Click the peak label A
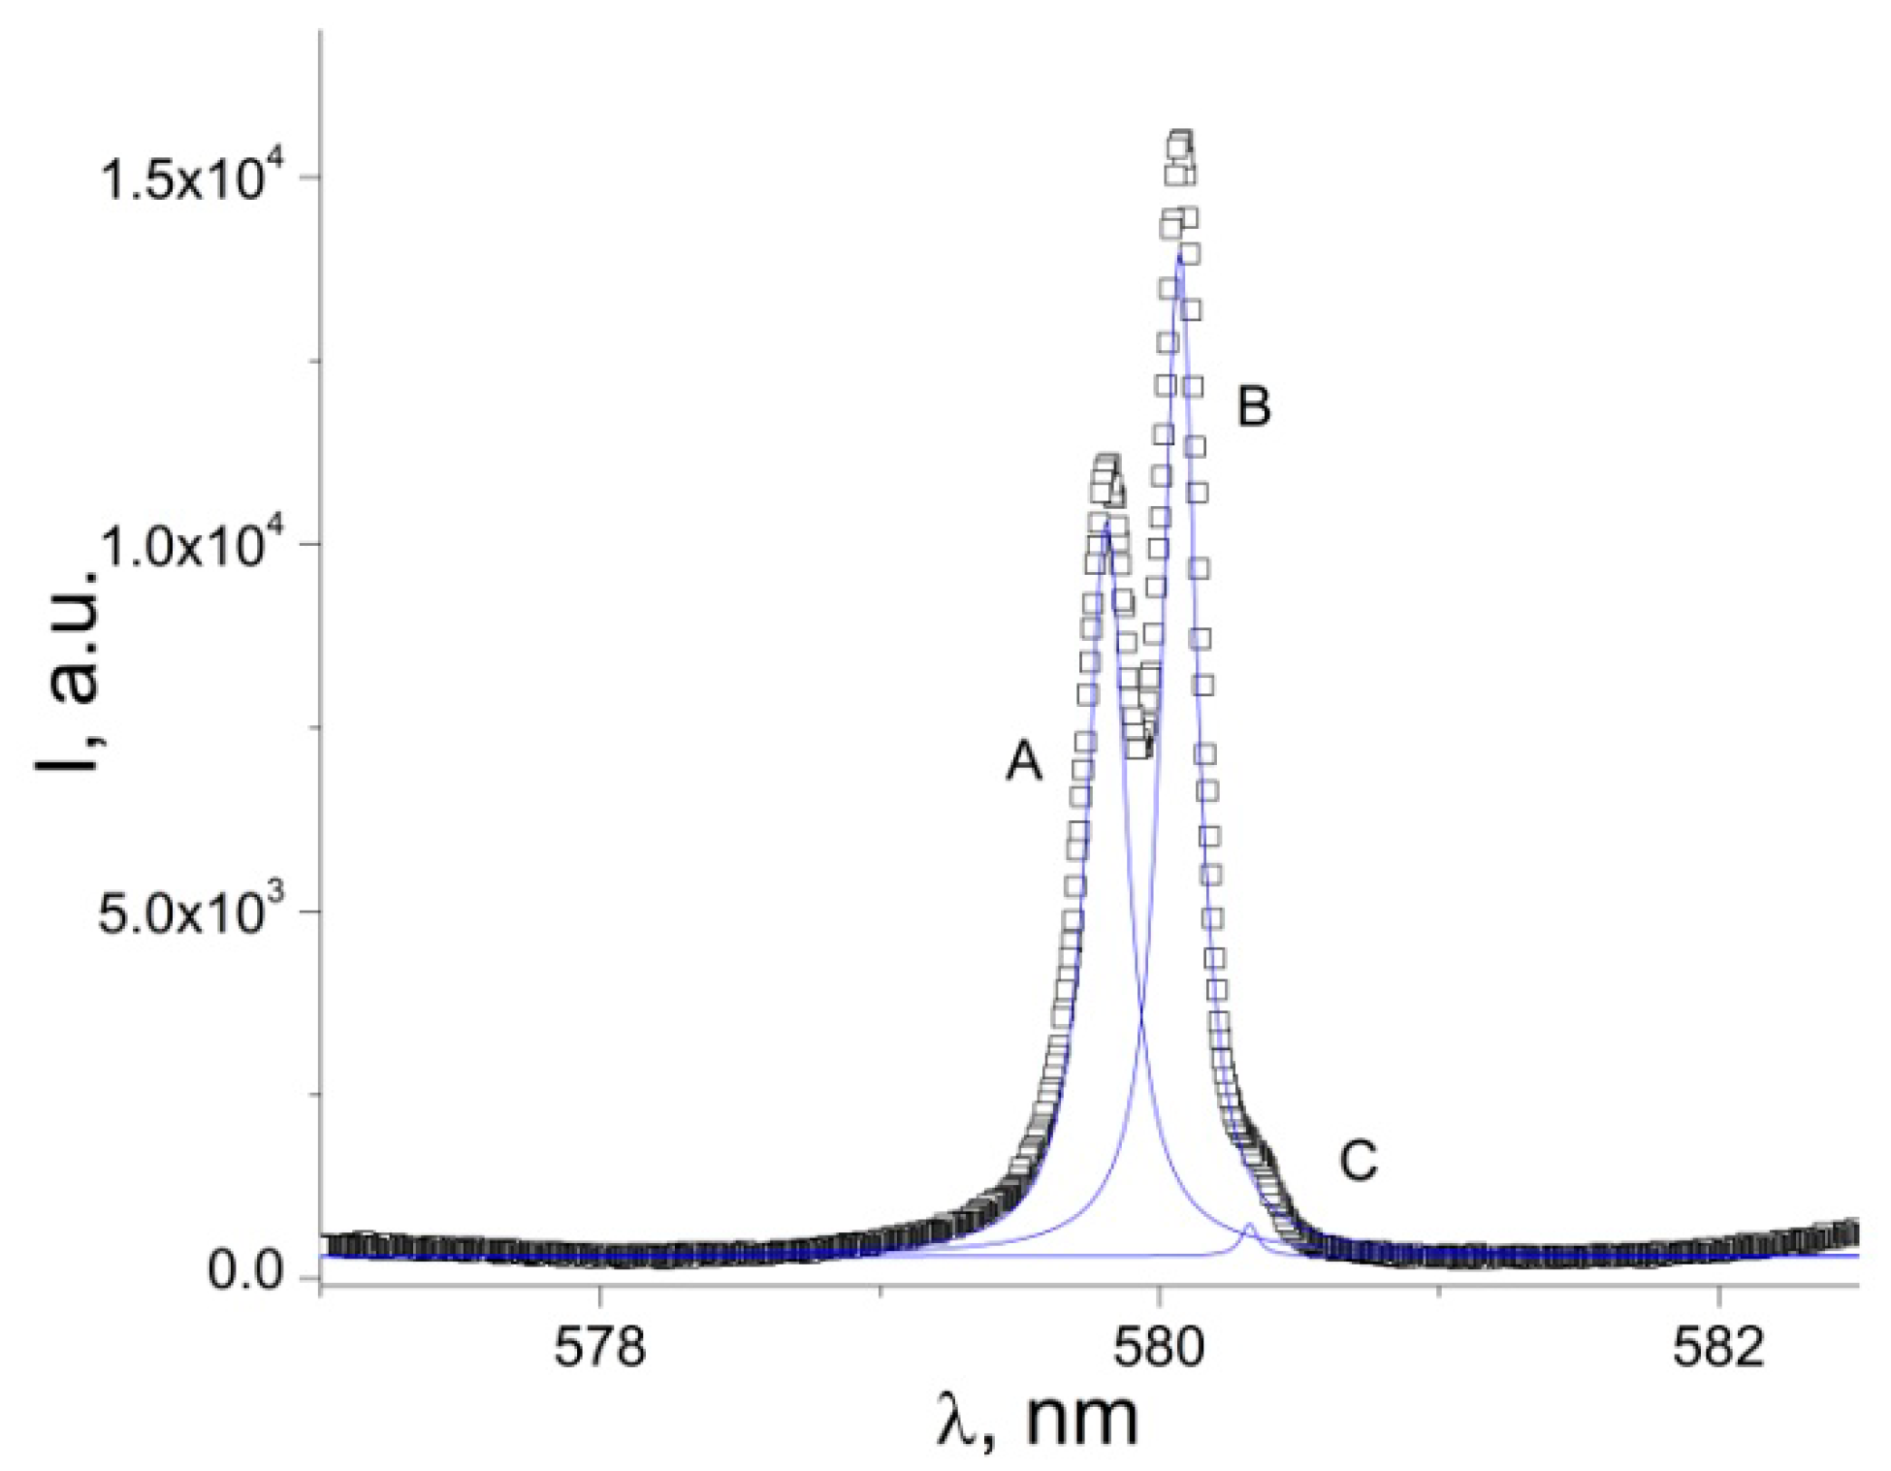tap(1024, 760)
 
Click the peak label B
tap(1254, 406)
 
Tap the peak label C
tap(1359, 1161)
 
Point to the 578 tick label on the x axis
tap(599, 1347)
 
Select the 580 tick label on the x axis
tap(1158, 1347)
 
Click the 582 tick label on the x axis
tap(1717, 1347)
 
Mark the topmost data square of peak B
tap(1180, 142)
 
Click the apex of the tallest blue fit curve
tap(1179, 254)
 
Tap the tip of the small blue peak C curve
tap(1250, 1226)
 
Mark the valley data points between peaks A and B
tap(1140, 747)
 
